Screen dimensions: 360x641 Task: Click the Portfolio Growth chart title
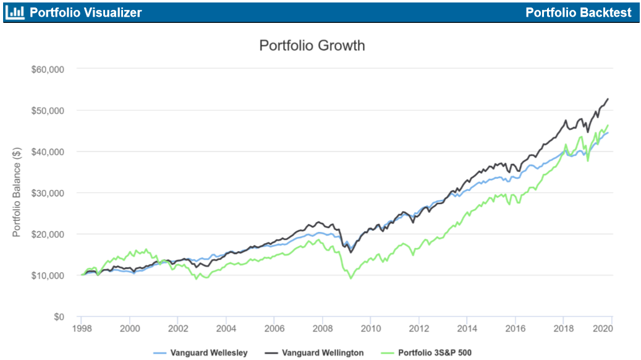pos(312,46)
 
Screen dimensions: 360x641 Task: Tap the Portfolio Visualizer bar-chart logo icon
pos(15,12)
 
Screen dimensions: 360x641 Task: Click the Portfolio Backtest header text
pos(579,12)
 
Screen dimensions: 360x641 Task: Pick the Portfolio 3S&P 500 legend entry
pos(435,353)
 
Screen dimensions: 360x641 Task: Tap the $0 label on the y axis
pos(58,317)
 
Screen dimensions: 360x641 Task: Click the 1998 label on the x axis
pos(82,328)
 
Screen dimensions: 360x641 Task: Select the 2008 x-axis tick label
pos(322,328)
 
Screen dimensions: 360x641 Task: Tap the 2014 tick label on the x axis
pos(467,328)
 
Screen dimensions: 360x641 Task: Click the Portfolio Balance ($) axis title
pos(17,192)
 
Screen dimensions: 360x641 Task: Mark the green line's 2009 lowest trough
pos(351,278)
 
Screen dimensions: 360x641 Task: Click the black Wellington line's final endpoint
pos(608,99)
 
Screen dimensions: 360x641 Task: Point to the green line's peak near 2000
pos(146,249)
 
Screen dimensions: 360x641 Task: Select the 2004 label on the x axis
pos(226,328)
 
